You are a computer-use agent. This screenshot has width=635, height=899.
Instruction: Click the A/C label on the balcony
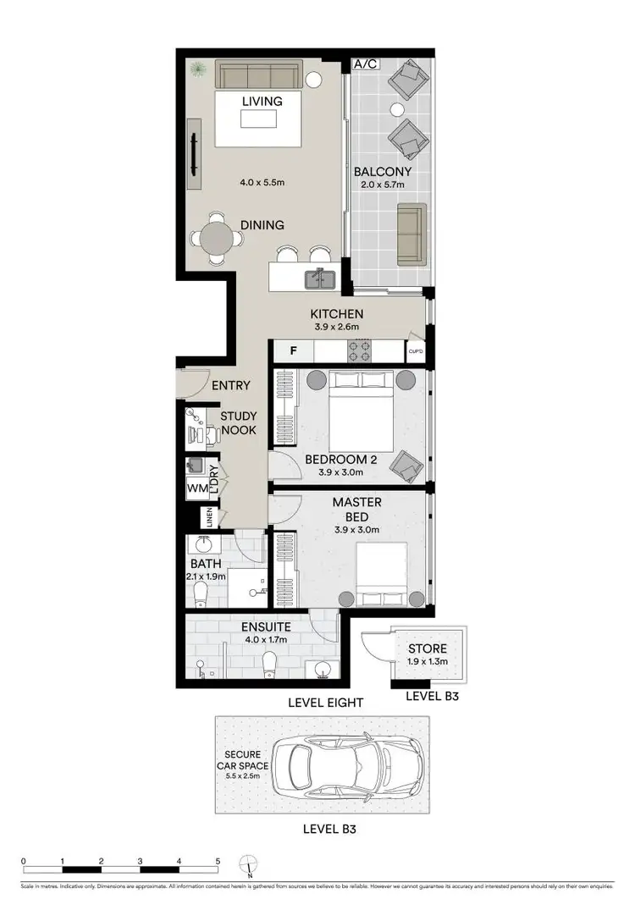(x=365, y=64)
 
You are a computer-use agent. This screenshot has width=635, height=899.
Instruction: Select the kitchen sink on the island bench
(x=322, y=276)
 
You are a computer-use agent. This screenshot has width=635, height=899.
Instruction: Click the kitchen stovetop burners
(x=357, y=350)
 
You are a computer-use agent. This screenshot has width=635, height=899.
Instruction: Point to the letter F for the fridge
(x=293, y=350)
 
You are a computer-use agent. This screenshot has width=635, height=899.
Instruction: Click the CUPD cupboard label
(x=415, y=350)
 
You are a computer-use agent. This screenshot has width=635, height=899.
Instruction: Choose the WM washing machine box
(x=196, y=488)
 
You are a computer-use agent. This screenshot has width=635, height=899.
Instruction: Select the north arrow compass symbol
(x=249, y=865)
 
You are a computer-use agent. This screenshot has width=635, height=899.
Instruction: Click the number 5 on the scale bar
(x=218, y=860)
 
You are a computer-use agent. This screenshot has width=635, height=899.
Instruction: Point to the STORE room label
(x=427, y=649)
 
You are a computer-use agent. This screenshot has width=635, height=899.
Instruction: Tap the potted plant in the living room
(x=196, y=69)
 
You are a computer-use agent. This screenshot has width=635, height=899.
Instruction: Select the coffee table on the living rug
(x=258, y=119)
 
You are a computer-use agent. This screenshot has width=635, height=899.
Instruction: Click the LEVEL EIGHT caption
(x=325, y=702)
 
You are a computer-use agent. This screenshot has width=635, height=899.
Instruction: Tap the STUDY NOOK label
(x=238, y=423)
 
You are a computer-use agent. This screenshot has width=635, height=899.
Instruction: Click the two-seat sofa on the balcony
(x=411, y=232)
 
